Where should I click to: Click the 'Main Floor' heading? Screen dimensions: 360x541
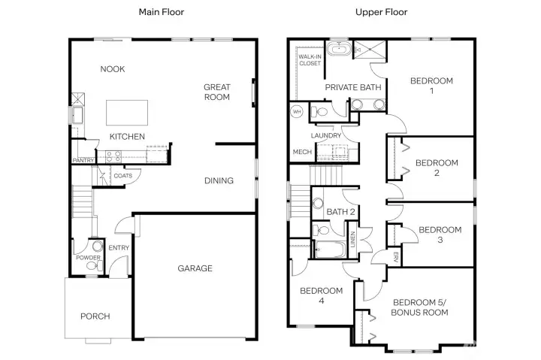[162, 12]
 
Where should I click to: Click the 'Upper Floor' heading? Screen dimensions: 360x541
[381, 12]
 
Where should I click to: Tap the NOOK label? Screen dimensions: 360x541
[113, 69]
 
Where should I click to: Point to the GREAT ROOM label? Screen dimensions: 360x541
[217, 92]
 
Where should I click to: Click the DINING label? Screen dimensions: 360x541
[219, 180]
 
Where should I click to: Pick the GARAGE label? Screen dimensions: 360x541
[195, 268]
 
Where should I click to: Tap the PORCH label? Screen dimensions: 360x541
[95, 316]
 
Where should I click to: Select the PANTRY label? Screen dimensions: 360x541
[83, 161]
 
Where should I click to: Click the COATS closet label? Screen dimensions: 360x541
[123, 176]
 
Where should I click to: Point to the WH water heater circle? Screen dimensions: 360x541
[296, 112]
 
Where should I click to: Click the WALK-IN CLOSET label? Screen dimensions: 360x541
[310, 59]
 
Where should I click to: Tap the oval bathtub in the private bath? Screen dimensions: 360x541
[342, 51]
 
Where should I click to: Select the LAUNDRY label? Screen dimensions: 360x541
[327, 135]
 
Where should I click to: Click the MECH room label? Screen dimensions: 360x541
[302, 152]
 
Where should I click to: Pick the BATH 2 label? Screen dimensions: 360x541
[340, 212]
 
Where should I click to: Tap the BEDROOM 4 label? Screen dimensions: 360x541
[321, 295]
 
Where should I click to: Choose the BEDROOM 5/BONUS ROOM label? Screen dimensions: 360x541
[420, 307]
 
